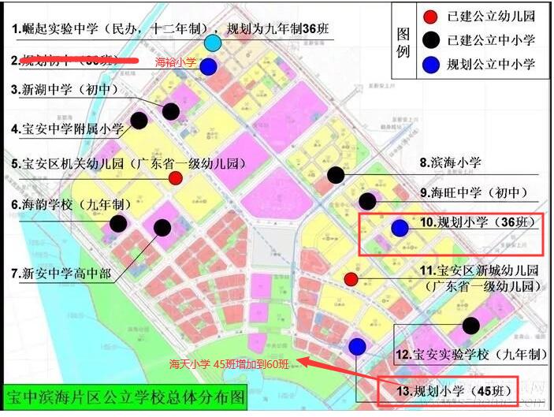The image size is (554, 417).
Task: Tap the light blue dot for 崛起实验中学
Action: (213, 43)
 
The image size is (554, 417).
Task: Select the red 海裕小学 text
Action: (174, 61)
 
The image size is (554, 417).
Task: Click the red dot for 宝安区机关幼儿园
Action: (176, 178)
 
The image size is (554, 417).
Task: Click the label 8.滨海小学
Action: (450, 163)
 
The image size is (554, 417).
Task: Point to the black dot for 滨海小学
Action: (336, 175)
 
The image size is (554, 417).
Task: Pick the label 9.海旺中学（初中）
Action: (473, 192)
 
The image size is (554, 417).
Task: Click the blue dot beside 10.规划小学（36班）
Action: (400, 228)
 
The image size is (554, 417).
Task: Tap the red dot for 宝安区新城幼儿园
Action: (351, 279)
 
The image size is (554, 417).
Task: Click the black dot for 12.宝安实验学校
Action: (471, 325)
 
